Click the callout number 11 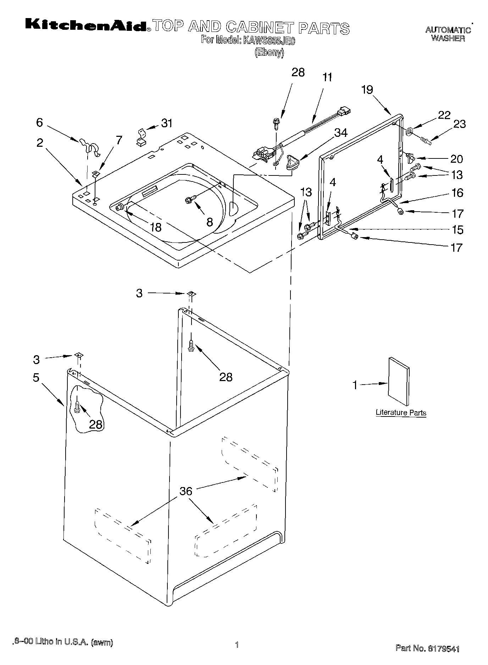click(x=327, y=77)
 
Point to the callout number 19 click(x=367, y=90)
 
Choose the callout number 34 click(x=341, y=133)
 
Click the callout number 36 click(x=186, y=491)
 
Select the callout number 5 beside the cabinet click(x=36, y=378)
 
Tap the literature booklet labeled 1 click(x=399, y=381)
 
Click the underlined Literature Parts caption click(x=401, y=413)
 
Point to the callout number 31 click(x=167, y=123)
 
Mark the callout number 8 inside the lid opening click(x=210, y=222)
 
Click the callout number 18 click(x=155, y=227)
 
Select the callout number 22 click(x=444, y=115)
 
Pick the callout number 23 click(x=460, y=124)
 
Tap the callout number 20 click(x=457, y=159)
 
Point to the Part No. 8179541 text click(x=427, y=649)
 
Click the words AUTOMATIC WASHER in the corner click(x=448, y=34)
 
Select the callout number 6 click(x=39, y=123)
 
